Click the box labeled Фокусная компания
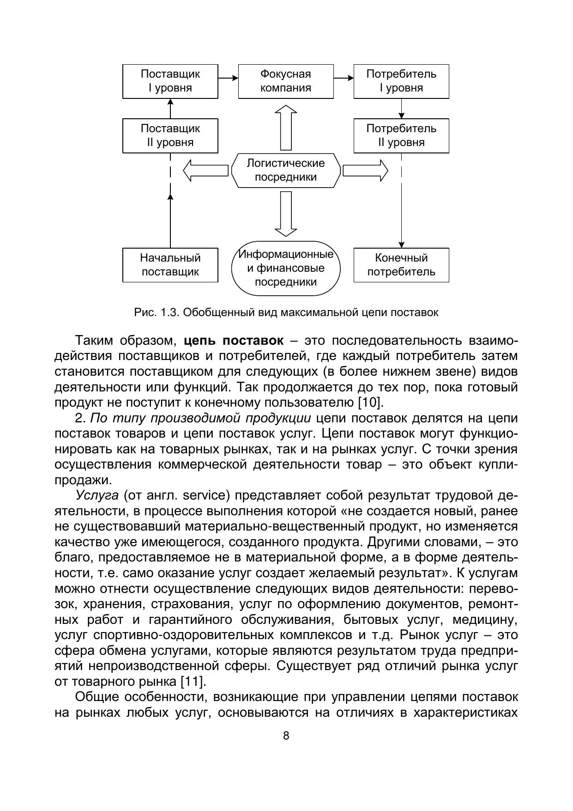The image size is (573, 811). point(286,81)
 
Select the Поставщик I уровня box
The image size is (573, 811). point(170,81)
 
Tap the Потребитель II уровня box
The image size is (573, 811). point(401,136)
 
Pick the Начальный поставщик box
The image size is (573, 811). point(170,265)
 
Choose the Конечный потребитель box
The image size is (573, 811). point(401,265)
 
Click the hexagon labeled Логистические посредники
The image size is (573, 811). point(286,171)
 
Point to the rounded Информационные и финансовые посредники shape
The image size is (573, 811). point(286,268)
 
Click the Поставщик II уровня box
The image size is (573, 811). point(170,136)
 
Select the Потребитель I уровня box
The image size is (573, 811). point(401,81)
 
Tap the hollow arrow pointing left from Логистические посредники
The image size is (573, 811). point(205,171)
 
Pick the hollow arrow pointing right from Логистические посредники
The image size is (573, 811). point(365,171)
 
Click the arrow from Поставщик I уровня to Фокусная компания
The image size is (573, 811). point(228,78)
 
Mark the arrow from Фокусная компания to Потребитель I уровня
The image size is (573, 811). point(344,78)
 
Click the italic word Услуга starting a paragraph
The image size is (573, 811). point(97,496)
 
